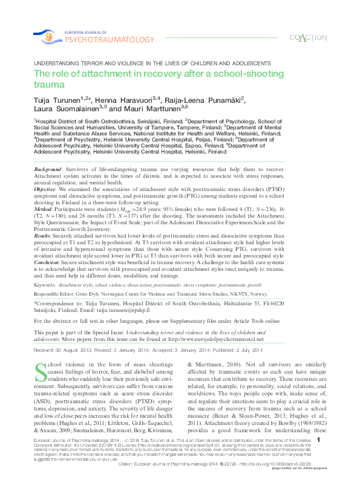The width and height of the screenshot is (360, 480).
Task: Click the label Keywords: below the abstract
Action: coord(46,284)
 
